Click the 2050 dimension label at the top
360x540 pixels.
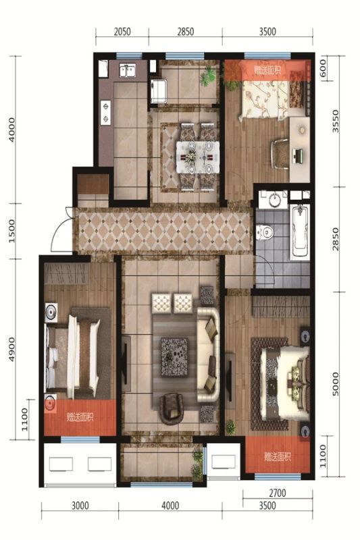pos(122,32)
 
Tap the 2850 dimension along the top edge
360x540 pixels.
pos(186,32)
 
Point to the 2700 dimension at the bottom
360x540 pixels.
pos(278,493)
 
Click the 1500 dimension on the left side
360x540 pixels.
pos(12,231)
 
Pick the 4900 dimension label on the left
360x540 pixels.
pos(12,349)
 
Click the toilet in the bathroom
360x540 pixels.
pos(265,232)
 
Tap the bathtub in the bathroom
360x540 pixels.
pos(300,232)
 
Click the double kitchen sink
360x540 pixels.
pos(128,72)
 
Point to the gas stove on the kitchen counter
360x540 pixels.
pos(105,112)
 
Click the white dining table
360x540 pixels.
pos(198,157)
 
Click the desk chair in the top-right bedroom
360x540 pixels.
pos(280,154)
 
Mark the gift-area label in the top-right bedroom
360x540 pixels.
pos(267,70)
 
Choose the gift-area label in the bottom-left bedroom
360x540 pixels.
pos(80,417)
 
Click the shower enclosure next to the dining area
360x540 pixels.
pos(159,91)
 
